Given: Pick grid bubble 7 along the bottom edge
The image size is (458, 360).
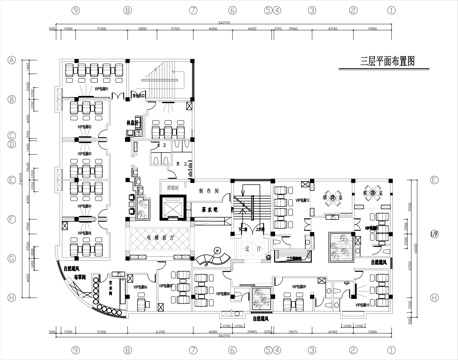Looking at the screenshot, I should click(x=192, y=350).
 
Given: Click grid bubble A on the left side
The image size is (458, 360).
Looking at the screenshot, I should click(x=10, y=59).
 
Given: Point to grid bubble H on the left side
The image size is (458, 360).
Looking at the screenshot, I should click(x=10, y=297).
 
